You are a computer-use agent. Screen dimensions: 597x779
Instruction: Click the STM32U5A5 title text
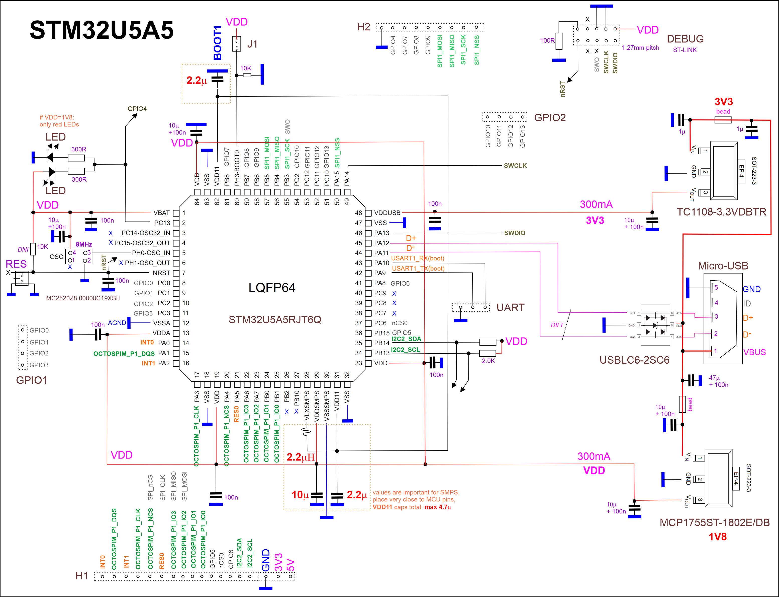point(102,30)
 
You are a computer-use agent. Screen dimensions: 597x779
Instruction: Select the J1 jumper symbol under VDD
point(236,44)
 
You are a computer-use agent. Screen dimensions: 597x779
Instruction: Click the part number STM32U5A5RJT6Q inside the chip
point(275,319)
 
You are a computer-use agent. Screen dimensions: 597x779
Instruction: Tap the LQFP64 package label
point(272,288)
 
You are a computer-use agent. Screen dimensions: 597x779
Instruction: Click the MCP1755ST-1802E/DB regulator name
point(714,522)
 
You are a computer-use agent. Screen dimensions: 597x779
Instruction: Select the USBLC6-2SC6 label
point(634,360)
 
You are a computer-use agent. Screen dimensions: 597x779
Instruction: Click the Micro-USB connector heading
point(723,266)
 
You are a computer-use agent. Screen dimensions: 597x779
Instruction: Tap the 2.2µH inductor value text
point(301,457)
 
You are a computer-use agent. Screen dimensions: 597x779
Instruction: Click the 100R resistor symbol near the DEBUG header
point(559,41)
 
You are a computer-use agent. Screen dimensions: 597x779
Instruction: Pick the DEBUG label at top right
point(685,39)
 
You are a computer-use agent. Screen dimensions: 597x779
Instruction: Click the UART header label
point(510,307)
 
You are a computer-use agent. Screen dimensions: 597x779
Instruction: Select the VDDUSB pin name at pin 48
point(387,213)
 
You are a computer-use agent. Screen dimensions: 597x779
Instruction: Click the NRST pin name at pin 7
point(161,273)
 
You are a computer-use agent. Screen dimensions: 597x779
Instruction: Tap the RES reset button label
point(16,264)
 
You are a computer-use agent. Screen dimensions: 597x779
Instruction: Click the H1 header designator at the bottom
point(82,576)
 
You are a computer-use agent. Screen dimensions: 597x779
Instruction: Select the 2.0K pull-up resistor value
point(488,361)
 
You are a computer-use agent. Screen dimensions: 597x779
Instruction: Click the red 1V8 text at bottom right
point(717,537)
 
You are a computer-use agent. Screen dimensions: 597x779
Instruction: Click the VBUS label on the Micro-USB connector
point(754,352)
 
